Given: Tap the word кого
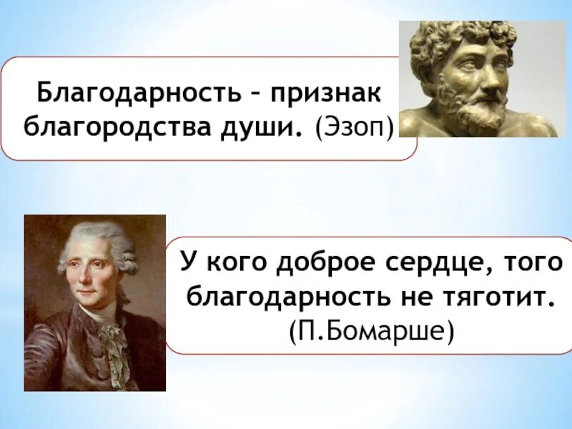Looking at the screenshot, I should click(243, 263).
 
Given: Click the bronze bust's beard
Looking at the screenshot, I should click(468, 107).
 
